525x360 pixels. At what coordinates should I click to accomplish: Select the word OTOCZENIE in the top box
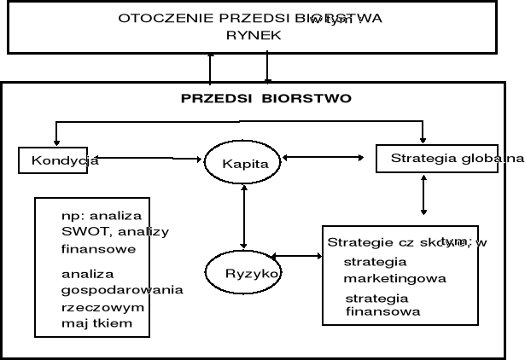pyautogui.click(x=151, y=18)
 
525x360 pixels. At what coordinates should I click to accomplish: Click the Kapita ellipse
pyautogui.click(x=243, y=162)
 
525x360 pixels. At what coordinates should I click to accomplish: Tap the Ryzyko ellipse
pyautogui.click(x=243, y=273)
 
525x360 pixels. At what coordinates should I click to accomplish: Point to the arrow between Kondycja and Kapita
pyautogui.click(x=152, y=158)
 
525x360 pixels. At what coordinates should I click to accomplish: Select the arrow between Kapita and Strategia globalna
pyautogui.click(x=330, y=157)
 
